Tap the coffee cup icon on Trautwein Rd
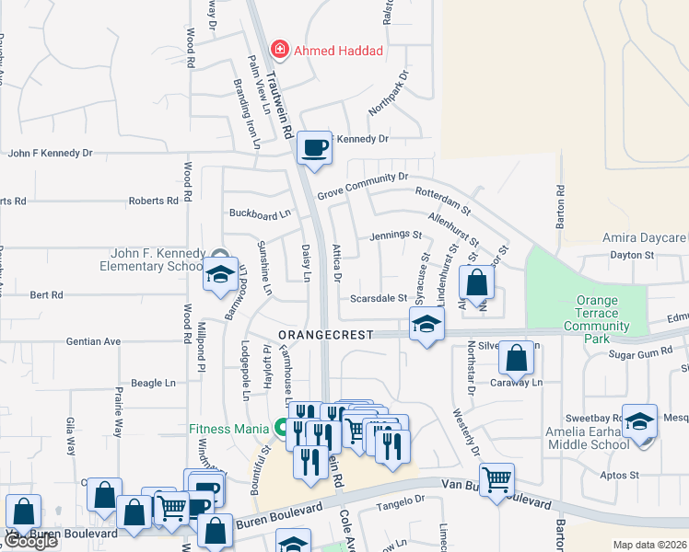click(314, 147)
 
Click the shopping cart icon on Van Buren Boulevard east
click(496, 478)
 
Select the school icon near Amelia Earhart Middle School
click(639, 420)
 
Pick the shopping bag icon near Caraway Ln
click(518, 359)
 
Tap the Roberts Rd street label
click(153, 201)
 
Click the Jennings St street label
click(395, 236)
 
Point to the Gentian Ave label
click(93, 341)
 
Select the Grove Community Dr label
click(362, 186)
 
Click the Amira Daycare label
click(645, 237)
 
